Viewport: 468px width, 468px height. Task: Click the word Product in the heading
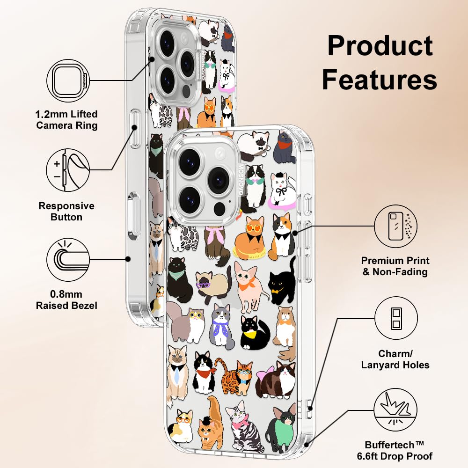pos(380,46)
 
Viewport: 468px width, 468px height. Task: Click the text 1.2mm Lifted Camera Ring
pos(67,120)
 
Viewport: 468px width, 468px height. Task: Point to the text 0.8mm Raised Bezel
pos(67,300)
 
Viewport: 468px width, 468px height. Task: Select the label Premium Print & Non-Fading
pos(396,266)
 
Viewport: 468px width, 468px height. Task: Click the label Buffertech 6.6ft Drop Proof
pos(399,450)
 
